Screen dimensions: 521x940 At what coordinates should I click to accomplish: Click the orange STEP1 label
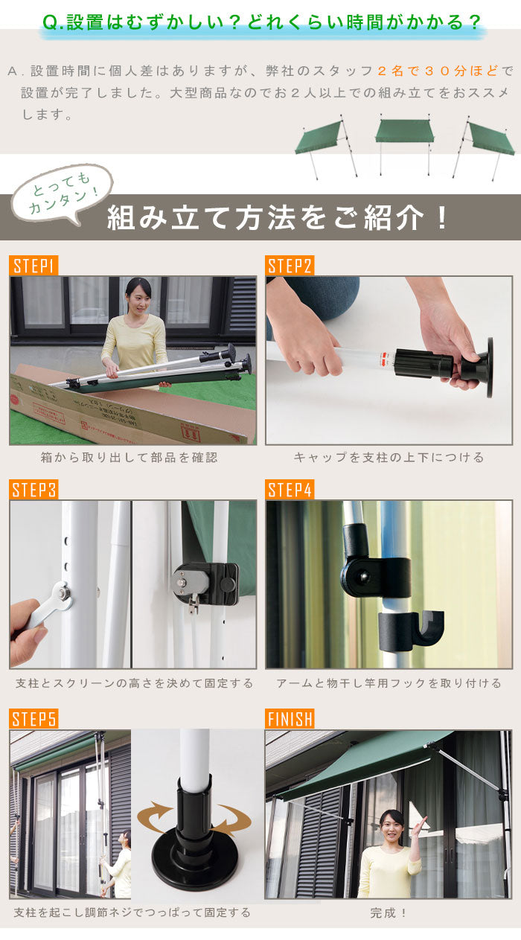[x=33, y=266]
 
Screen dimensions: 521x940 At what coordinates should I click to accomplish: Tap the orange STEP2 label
[x=290, y=266]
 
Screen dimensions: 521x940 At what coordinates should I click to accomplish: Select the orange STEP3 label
[x=33, y=490]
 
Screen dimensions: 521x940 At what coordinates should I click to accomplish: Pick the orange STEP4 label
[x=290, y=490]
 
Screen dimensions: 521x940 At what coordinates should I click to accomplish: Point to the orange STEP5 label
[x=33, y=719]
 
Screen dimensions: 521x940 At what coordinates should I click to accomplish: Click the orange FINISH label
[x=290, y=719]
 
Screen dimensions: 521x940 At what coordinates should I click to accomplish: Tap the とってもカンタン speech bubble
[x=62, y=194]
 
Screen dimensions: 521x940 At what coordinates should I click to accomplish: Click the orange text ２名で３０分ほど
[x=438, y=71]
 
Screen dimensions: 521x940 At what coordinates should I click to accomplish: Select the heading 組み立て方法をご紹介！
[x=277, y=218]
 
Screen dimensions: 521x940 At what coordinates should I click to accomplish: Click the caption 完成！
[x=389, y=912]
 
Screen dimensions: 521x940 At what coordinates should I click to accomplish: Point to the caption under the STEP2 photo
[x=389, y=457]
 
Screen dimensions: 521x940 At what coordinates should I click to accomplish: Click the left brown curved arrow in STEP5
[x=156, y=816]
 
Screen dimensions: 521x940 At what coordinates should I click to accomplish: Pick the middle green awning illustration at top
[x=404, y=145]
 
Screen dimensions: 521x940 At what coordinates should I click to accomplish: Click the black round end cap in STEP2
[x=489, y=367]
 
